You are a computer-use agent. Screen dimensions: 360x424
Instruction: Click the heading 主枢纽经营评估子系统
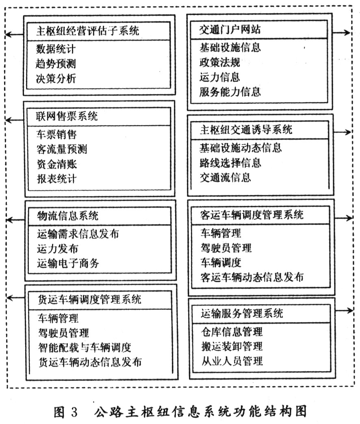click(88, 30)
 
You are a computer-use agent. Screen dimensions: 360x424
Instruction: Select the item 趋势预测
click(56, 64)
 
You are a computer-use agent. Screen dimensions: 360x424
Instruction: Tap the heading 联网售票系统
click(67, 116)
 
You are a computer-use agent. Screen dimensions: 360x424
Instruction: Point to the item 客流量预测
click(62, 149)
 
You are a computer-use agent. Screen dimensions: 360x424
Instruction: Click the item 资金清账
click(57, 164)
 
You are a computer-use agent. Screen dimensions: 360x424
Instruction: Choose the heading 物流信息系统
click(67, 216)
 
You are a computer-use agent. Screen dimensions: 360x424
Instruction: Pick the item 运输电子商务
click(68, 263)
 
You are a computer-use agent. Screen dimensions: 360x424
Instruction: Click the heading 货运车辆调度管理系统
click(89, 299)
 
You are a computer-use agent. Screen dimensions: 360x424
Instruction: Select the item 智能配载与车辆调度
click(85, 348)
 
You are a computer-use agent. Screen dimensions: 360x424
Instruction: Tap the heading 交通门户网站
click(230, 29)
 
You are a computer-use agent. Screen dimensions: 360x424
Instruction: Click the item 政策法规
click(220, 62)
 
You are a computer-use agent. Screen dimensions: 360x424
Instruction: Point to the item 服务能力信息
click(230, 92)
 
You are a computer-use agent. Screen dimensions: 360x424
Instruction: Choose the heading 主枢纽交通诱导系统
click(246, 130)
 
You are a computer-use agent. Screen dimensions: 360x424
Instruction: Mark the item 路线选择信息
click(230, 163)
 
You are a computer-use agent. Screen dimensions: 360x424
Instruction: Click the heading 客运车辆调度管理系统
click(252, 215)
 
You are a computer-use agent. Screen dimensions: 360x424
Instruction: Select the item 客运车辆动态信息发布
click(252, 277)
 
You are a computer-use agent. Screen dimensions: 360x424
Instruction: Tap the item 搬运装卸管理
click(232, 346)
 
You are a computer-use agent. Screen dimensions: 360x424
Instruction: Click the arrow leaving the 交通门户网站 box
click(341, 33)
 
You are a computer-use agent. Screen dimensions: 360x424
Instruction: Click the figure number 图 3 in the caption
click(66, 412)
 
